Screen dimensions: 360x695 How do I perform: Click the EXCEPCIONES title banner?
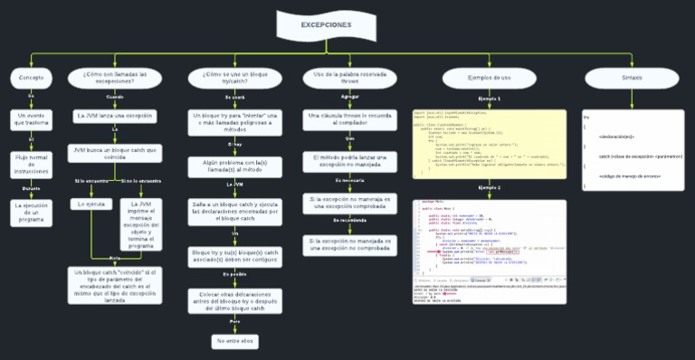pos(326,25)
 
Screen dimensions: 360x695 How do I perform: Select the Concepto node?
pos(32,79)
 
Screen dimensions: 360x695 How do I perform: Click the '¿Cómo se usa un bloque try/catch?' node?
pos(234,78)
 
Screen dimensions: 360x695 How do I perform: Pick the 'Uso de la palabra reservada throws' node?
pos(349,78)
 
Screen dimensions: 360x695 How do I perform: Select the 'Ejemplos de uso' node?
pos(489,79)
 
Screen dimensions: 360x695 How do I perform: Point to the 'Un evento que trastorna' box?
pos(32,120)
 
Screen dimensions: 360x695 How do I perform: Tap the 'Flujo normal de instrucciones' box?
pos(32,164)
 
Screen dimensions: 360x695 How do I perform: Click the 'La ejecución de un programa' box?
pos(32,212)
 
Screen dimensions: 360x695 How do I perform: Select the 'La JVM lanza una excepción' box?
pos(115,117)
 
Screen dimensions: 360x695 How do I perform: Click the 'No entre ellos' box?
pos(234,341)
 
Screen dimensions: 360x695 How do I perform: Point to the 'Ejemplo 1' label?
pos(489,98)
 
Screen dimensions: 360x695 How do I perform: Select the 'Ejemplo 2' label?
pos(489,187)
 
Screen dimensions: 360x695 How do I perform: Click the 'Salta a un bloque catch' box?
pos(234,213)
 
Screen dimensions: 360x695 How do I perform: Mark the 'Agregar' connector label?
pos(349,96)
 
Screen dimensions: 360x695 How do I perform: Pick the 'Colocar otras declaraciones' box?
pos(234,300)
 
